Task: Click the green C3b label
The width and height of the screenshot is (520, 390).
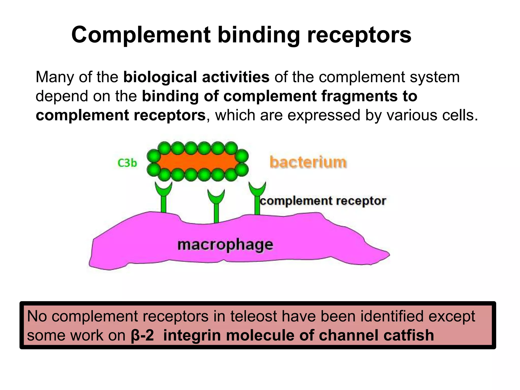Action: (127, 163)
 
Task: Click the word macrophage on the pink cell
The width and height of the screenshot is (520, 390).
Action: (225, 245)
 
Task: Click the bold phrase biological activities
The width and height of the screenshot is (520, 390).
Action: (196, 77)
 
